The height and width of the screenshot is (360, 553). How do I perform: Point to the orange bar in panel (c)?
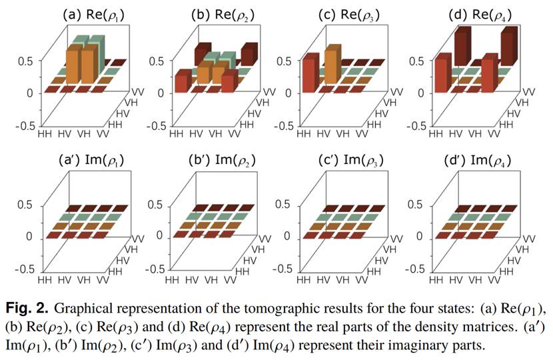(330, 67)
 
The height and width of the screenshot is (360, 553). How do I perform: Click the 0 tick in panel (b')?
(160, 237)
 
